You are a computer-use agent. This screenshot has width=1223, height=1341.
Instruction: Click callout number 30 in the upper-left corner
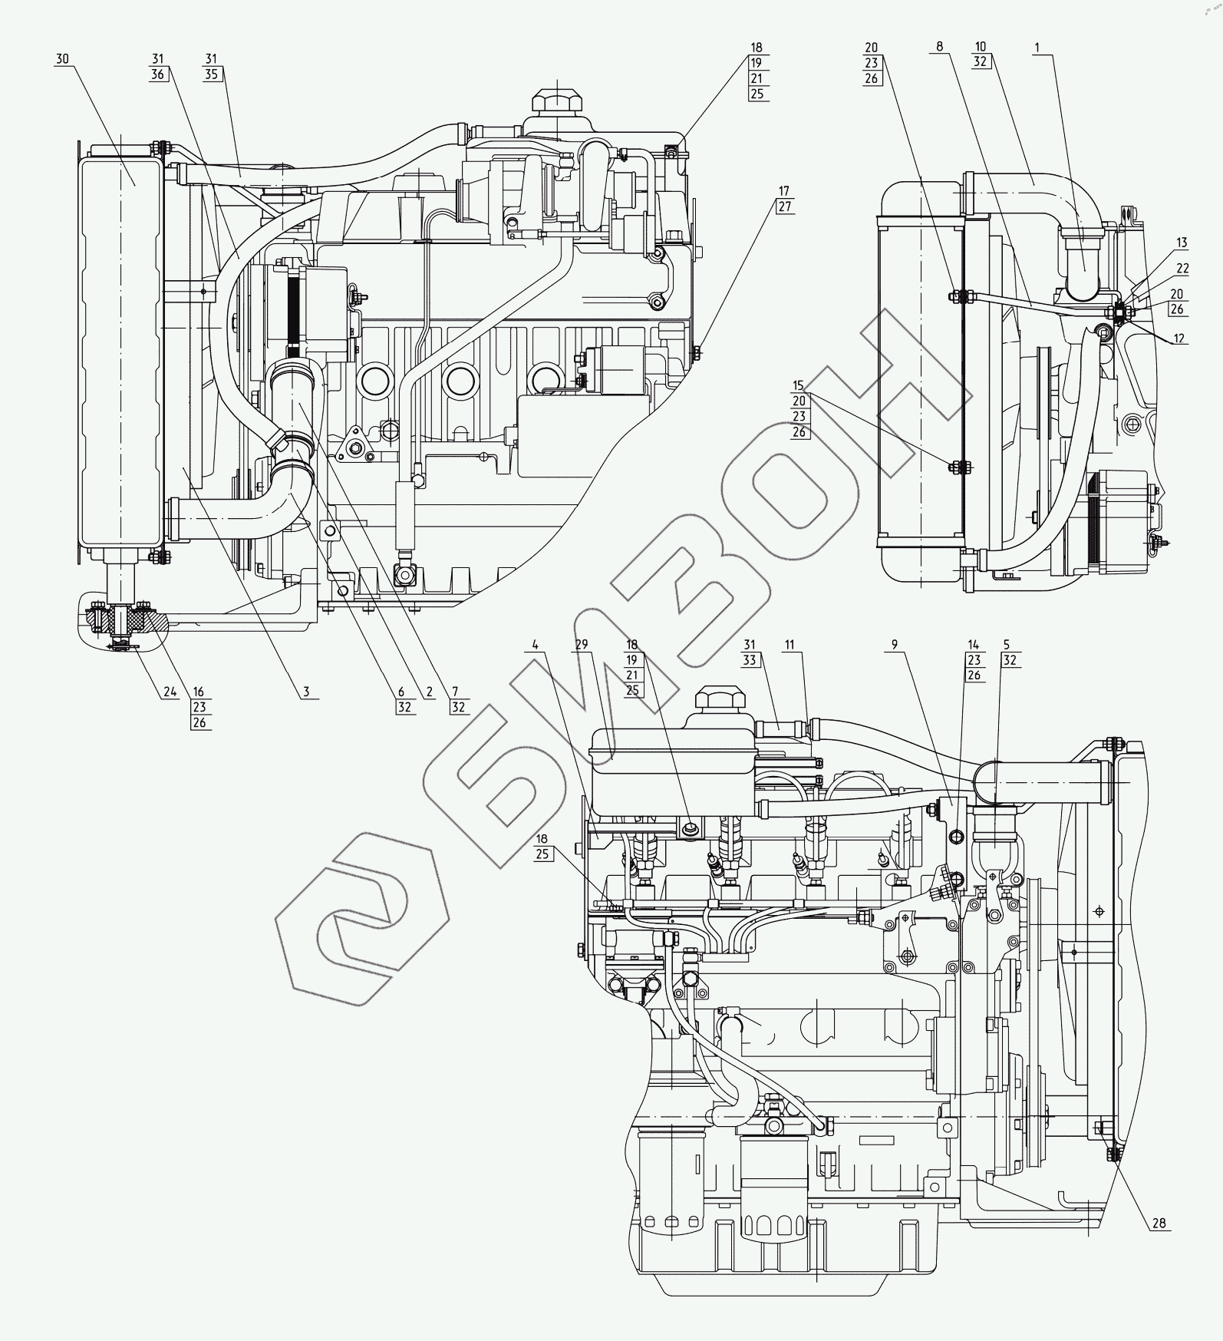62,59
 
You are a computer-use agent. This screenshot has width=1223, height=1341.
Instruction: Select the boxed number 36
159,75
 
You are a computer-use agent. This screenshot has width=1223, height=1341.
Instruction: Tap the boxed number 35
212,75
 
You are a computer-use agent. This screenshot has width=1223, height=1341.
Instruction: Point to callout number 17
783,190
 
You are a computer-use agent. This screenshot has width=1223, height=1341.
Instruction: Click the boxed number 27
783,206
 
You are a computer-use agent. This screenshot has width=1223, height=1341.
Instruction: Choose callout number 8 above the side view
939,48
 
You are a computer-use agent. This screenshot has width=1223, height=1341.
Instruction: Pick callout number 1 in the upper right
1037,48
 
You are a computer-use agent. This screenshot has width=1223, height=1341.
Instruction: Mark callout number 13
1182,243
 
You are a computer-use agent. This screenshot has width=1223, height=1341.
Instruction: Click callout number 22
1182,268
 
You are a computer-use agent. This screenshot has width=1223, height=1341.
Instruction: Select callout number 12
1179,339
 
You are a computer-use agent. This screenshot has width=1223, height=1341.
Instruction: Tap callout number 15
799,385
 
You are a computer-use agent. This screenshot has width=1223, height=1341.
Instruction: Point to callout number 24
169,692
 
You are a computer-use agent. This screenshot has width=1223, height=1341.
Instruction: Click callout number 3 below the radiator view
305,692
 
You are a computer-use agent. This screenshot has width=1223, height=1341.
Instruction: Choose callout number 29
582,645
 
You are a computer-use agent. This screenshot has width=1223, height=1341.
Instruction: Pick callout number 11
789,646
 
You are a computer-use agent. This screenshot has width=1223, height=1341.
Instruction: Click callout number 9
894,646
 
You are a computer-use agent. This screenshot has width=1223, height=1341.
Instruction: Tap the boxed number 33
750,660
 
